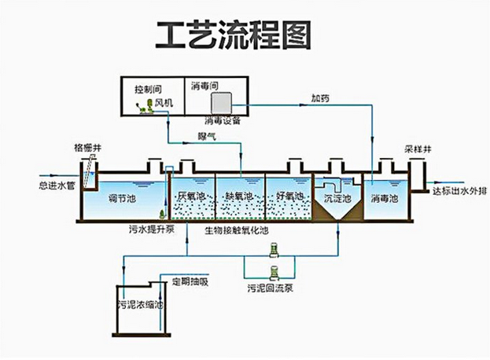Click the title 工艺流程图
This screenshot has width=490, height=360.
pyautogui.click(x=233, y=35)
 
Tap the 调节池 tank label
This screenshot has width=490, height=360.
pyautogui.click(x=122, y=199)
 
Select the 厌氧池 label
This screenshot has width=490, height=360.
pyautogui.click(x=191, y=196)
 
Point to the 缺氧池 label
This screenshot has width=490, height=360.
pyautogui.click(x=239, y=197)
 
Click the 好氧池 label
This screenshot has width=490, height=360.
pyautogui.click(x=289, y=196)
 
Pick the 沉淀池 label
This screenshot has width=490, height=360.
pyautogui.click(x=337, y=199)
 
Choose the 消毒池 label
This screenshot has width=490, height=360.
pyautogui.click(x=385, y=198)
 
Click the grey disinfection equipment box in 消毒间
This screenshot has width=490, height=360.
pyautogui.click(x=222, y=103)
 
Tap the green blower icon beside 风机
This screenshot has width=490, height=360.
pyautogui.click(x=145, y=107)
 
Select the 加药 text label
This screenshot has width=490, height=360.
pyautogui.click(x=320, y=98)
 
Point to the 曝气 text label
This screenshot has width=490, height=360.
pyautogui.click(x=207, y=137)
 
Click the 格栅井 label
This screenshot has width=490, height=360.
pyautogui.click(x=88, y=147)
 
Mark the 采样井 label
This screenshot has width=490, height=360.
pyautogui.click(x=418, y=149)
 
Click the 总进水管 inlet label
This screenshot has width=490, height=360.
pyautogui.click(x=57, y=186)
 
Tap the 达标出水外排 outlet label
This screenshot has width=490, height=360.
pyautogui.click(x=459, y=191)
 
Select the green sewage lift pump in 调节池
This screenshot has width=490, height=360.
pyautogui.click(x=162, y=214)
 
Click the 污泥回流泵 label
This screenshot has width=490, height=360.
pyautogui.click(x=271, y=288)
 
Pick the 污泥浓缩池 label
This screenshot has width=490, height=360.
pyautogui.click(x=141, y=304)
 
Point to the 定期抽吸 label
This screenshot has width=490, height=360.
pyautogui.click(x=190, y=281)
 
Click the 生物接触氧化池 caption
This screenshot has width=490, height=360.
pyautogui.click(x=237, y=230)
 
